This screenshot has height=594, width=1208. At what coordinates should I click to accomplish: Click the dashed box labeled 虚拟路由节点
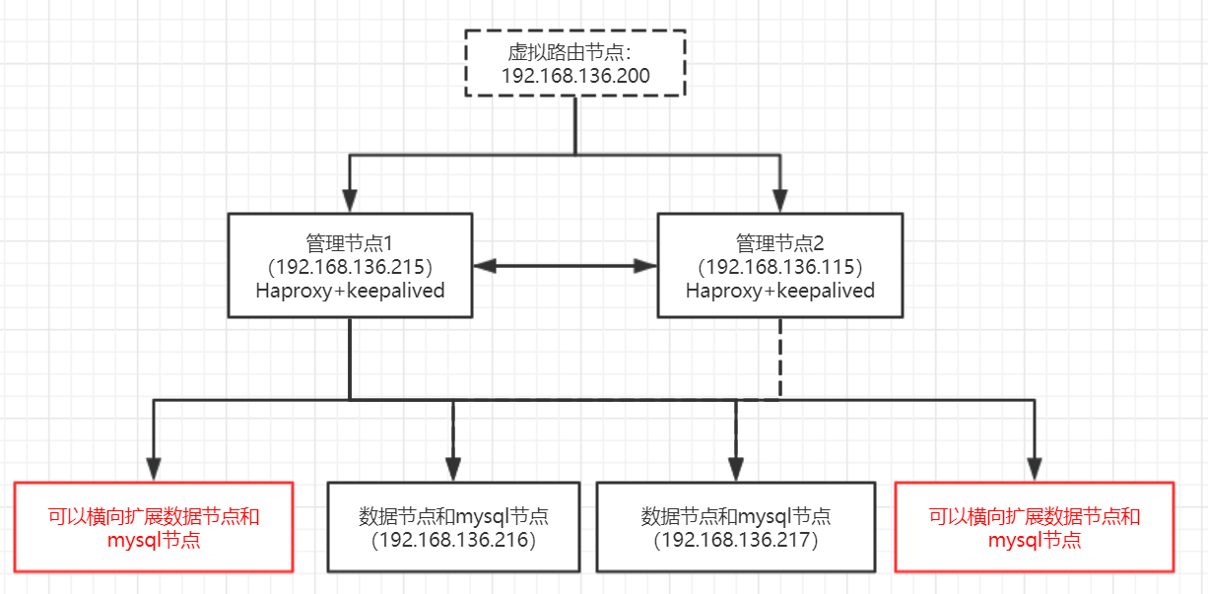(574, 62)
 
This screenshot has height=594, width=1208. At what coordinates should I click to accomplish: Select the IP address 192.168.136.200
(575, 76)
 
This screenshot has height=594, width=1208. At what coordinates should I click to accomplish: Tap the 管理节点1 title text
(350, 242)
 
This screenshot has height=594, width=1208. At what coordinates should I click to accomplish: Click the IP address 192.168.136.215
(350, 267)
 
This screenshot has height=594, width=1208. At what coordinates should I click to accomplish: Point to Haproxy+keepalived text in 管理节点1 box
(350, 291)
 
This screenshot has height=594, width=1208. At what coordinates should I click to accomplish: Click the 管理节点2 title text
(779, 242)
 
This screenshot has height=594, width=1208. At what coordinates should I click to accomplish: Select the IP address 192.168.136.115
(779, 267)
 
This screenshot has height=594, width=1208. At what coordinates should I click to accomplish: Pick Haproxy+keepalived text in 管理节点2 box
(779, 291)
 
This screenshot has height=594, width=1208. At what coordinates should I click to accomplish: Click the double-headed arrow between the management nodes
(565, 265)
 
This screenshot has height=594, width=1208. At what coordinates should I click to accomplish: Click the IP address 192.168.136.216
(453, 540)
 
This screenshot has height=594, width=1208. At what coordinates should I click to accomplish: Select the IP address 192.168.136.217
(735, 540)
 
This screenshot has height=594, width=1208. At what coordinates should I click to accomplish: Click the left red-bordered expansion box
(154, 527)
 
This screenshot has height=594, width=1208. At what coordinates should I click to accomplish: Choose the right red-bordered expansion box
(1035, 527)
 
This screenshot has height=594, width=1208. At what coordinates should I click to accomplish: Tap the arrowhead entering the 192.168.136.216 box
(453, 470)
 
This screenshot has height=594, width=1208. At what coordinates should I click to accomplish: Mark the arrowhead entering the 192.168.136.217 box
(735, 470)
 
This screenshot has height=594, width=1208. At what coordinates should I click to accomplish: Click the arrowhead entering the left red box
(153, 470)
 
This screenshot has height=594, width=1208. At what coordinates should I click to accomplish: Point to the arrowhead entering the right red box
(1034, 470)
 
